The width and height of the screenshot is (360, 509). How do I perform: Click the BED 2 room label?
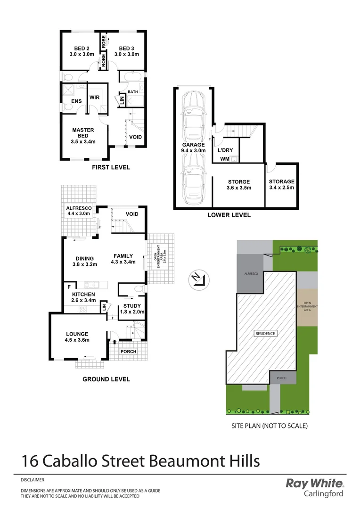click(x=82, y=51)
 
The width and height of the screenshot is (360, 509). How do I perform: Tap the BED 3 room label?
click(x=126, y=51)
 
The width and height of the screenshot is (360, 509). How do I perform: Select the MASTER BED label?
click(x=83, y=136)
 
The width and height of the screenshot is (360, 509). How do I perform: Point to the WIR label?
click(x=94, y=98)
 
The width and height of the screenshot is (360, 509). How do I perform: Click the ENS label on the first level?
click(x=77, y=101)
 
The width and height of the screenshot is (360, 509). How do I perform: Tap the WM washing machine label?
click(x=225, y=159)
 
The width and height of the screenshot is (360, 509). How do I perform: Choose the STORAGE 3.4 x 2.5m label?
click(x=281, y=184)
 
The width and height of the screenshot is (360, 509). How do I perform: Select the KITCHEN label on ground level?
click(x=83, y=297)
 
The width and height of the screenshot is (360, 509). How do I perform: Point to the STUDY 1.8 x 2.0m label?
click(x=131, y=309)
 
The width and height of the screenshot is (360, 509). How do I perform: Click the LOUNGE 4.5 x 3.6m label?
click(x=77, y=337)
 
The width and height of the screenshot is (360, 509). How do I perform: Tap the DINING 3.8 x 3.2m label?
click(x=84, y=262)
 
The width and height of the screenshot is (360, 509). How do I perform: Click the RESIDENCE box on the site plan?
click(x=265, y=333)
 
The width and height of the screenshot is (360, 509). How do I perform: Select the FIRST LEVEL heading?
click(x=111, y=167)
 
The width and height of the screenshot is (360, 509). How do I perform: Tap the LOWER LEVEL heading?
click(x=229, y=215)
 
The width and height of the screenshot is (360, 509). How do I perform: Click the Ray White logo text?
click(x=315, y=484)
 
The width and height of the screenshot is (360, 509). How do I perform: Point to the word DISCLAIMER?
click(x=33, y=480)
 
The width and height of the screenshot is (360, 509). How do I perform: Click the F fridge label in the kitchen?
click(x=69, y=286)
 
